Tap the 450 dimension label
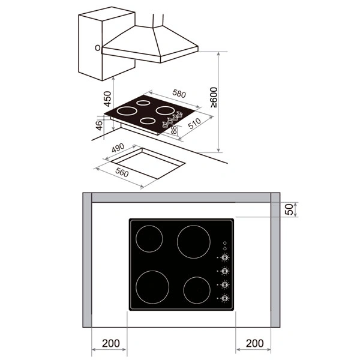pos(106,97)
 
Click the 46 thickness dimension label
pos(100,126)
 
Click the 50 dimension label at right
pos(289,209)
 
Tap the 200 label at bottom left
pos(110,344)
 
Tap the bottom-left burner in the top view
pos(154,287)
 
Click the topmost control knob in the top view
pos(224,259)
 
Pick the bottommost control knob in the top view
pos(224,298)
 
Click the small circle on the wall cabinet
pos(96,46)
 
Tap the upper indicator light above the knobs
pos(224,242)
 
